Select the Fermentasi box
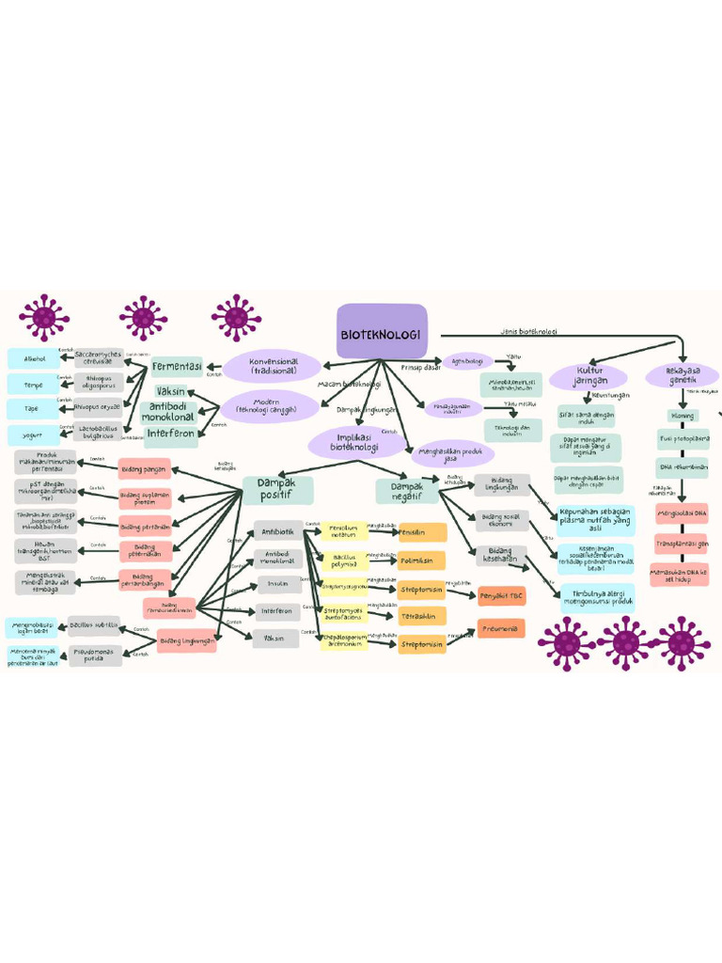178,367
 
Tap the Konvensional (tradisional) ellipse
273,365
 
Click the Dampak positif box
277,488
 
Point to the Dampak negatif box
407,490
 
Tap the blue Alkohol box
34,358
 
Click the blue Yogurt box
34,435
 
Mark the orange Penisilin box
421,532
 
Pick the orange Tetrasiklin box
421,616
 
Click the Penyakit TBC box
501,596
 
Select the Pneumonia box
501,628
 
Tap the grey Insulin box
278,584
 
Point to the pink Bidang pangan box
145,468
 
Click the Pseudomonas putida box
95,655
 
